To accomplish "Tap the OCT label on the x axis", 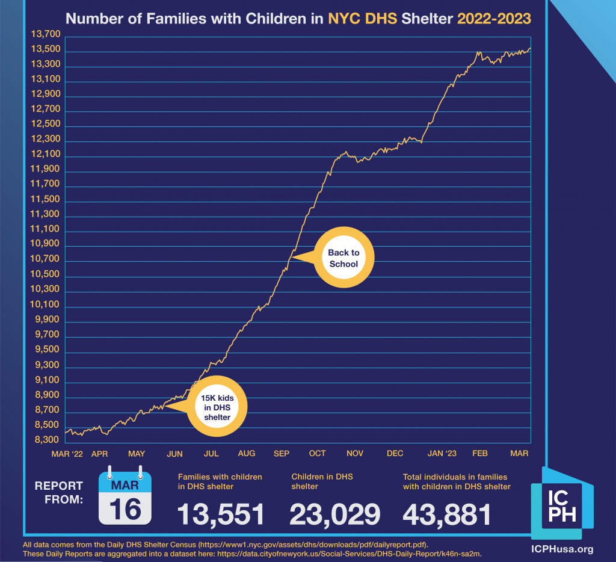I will click(x=317, y=454).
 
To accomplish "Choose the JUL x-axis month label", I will click(x=211, y=454).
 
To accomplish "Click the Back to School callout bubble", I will click(x=343, y=258).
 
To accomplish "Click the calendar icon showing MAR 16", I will click(x=125, y=495).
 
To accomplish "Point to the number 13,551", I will click(x=221, y=514).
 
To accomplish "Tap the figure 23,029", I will click(x=334, y=514).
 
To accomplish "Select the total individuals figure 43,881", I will click(x=446, y=514).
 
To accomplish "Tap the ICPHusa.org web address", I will click(x=562, y=549).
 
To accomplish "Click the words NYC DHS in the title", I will click(x=362, y=18).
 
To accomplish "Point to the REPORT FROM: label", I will click(x=58, y=492).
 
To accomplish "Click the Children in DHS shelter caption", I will click(x=322, y=481).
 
